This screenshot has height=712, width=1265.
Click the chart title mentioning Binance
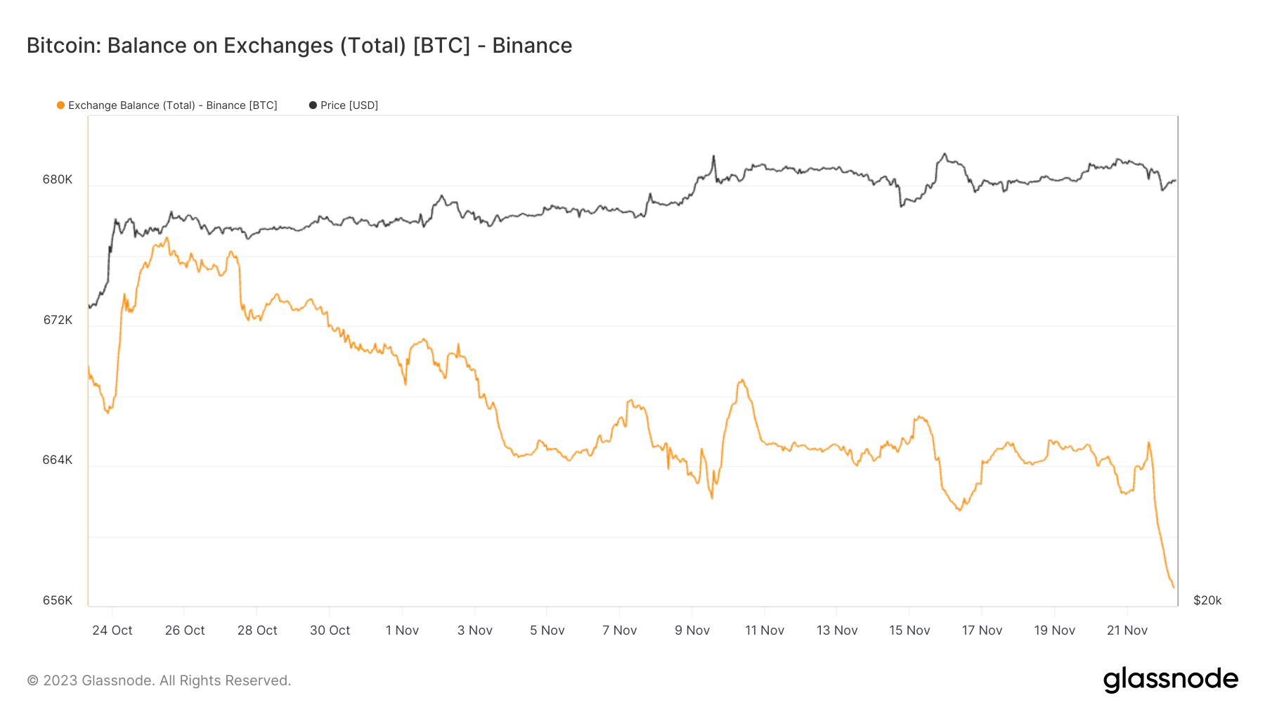[299, 46]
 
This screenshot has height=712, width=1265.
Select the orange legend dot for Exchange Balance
[61, 105]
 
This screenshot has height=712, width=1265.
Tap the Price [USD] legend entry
[344, 105]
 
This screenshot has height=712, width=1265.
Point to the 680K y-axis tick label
[58, 179]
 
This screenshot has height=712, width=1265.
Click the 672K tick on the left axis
[58, 320]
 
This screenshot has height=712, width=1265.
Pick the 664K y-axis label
[58, 460]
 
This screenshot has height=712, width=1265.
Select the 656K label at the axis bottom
[58, 600]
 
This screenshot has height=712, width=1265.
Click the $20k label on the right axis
[1207, 600]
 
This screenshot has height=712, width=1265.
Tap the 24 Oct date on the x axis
[112, 630]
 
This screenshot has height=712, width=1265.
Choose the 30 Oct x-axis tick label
[330, 630]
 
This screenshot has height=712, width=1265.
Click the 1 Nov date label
[402, 630]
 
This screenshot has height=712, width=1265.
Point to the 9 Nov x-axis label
[692, 630]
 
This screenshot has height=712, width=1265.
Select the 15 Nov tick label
[909, 630]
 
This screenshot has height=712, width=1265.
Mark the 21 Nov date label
[1127, 630]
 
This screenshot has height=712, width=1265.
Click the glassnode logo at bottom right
[1171, 680]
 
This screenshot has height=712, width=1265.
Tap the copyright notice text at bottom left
[159, 680]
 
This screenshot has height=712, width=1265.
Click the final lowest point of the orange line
[1173, 587]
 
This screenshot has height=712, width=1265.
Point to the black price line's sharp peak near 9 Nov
[713, 156]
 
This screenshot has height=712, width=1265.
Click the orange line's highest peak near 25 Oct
[167, 238]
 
